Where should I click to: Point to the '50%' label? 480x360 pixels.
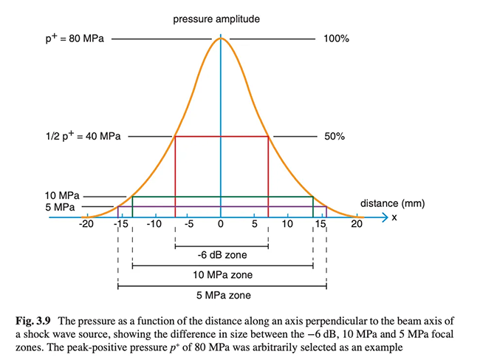pyautogui.click(x=334, y=137)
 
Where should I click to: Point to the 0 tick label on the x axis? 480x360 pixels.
pyautogui.click(x=221, y=224)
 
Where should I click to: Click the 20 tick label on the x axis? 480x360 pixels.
pyautogui.click(x=357, y=224)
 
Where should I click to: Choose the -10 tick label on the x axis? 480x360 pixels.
pyautogui.click(x=154, y=224)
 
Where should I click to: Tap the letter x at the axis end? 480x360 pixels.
pyautogui.click(x=394, y=218)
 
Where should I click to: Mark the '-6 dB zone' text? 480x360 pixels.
pyautogui.click(x=222, y=256)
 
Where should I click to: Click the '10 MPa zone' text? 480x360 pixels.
pyautogui.click(x=222, y=275)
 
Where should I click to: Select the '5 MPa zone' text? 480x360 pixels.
pyautogui.click(x=222, y=295)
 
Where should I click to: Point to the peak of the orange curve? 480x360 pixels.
pyautogui.click(x=221, y=38)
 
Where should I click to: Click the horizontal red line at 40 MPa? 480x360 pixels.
pyautogui.click(x=221, y=137)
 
